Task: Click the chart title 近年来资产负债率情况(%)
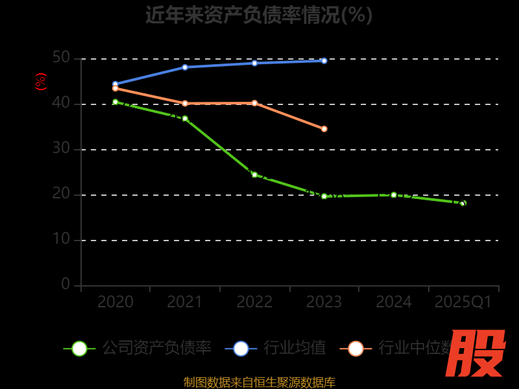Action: [259, 15]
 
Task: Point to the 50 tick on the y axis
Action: [61, 58]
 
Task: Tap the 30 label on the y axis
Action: [61, 148]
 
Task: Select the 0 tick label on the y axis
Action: [66, 284]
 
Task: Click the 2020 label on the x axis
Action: [115, 302]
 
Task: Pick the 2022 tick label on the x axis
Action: [254, 302]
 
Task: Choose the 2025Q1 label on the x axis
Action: [463, 302]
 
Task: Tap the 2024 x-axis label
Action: [394, 302]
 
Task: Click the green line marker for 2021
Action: [185, 119]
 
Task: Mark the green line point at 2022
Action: [254, 174]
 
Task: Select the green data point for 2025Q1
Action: [463, 203]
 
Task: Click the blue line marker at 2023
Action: [324, 61]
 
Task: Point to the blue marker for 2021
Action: [185, 67]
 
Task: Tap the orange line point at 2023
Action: [324, 129]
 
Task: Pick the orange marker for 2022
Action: [254, 103]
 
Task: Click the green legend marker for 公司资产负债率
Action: [79, 349]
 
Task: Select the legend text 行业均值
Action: [295, 348]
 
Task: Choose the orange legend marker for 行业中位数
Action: [356, 349]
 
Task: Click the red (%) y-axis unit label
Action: [41, 82]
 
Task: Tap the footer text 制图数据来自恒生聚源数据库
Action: [259, 383]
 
